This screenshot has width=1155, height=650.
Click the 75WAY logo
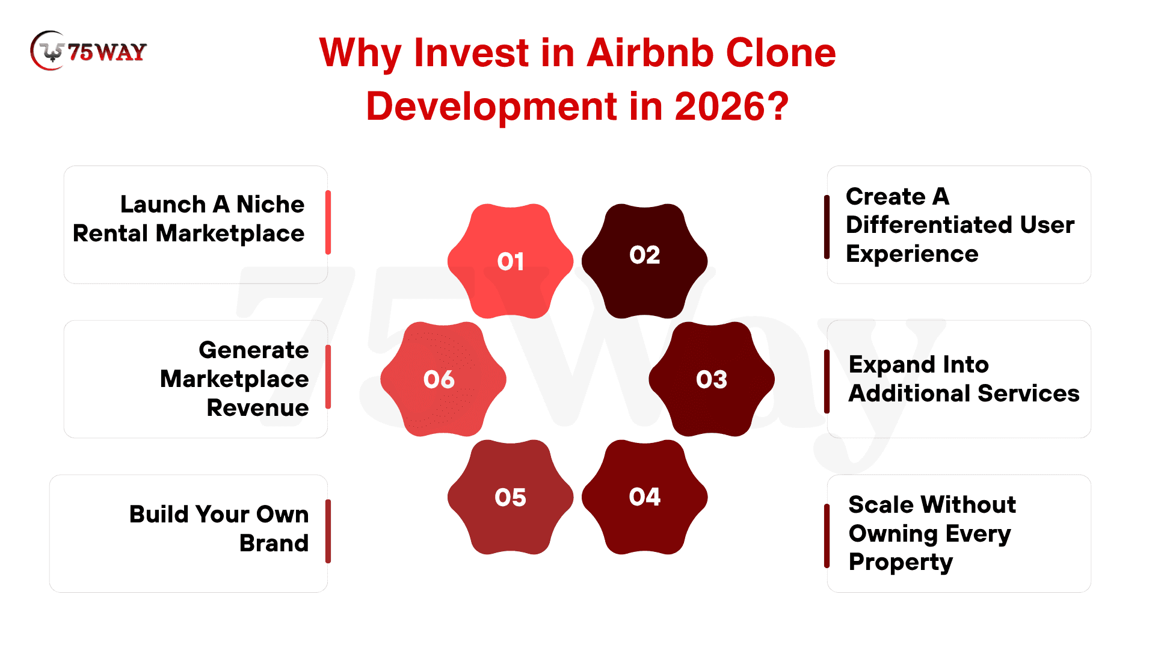88,51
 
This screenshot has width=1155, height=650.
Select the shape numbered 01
510,261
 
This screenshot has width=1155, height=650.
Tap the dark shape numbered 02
644,261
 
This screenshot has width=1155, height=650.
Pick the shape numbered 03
712,379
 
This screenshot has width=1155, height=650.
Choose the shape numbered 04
644,497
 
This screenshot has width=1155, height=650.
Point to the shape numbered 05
510,497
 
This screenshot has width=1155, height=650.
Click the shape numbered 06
443,379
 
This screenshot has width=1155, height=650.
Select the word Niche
270,205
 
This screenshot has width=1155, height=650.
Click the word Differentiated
926,225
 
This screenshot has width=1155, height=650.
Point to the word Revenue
257,408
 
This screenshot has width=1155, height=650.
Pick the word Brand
274,543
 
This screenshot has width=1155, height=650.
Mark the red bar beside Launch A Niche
328,222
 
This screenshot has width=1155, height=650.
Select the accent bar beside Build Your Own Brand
328,531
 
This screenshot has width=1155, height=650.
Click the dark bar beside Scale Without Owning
827,536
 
